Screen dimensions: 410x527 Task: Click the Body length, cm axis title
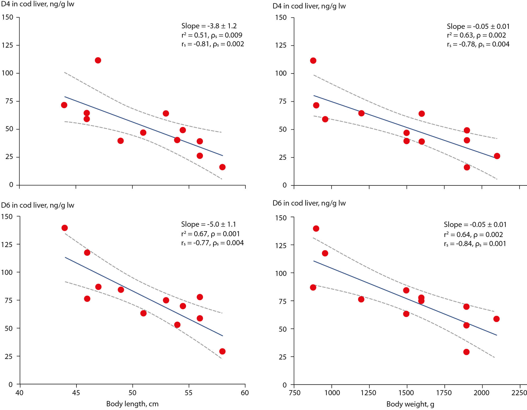pos(132,404)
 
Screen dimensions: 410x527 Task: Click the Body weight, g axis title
pos(410,404)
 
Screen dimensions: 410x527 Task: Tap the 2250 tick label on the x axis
pos(519,393)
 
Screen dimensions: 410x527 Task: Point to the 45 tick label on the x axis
pos(76,393)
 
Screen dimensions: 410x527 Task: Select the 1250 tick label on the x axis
pos(368,393)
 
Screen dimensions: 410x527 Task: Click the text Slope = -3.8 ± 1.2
pos(209,26)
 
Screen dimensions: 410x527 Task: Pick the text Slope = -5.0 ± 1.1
pos(208,224)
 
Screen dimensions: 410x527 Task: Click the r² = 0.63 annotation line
pos(476,35)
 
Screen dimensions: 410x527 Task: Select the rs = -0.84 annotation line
pos(475,244)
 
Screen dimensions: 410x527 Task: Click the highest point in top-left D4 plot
pos(98,60)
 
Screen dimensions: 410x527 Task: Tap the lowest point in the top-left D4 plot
pos(222,167)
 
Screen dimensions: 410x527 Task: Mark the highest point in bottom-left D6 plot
pos(65,228)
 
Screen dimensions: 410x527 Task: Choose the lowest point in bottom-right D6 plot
pos(466,352)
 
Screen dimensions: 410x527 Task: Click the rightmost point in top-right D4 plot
pos(497,156)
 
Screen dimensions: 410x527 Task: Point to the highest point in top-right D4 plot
pos(313,61)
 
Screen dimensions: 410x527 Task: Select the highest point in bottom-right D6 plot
pos(316,229)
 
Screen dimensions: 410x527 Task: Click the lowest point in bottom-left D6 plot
pos(222,351)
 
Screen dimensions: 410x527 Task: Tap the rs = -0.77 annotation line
pos(212,243)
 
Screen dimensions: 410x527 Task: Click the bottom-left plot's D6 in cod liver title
pos(38,205)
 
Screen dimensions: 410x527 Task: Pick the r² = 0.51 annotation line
pos(212,35)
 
